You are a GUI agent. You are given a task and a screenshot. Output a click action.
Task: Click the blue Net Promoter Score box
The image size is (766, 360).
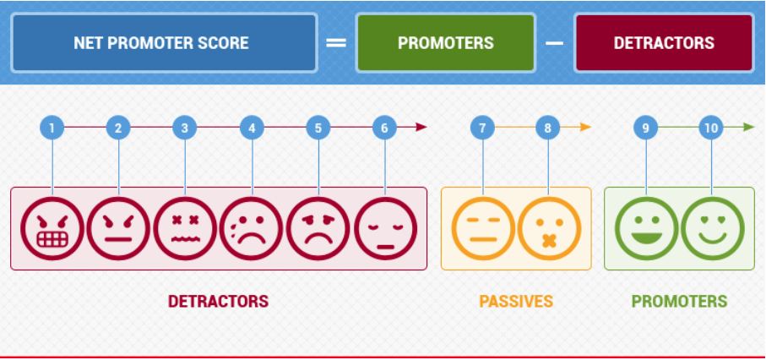pos(164,43)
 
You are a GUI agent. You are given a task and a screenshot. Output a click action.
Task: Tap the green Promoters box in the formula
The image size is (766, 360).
pos(446,43)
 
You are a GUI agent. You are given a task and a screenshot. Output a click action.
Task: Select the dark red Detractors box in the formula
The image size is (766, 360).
pos(664,43)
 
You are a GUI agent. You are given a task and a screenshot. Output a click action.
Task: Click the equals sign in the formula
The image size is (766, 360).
pos(336,43)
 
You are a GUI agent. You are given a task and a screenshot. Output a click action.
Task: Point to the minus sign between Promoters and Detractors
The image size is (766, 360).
pos(555,43)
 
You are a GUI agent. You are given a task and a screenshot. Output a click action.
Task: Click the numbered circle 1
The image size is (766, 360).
pos(52,128)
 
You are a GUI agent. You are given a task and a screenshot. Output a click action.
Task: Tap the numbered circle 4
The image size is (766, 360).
pos(252,128)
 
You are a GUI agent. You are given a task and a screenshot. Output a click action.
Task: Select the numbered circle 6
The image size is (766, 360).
pos(384,128)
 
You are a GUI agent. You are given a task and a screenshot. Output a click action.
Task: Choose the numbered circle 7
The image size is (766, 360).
pos(483,128)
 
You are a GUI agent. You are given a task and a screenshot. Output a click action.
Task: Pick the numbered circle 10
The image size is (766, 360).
pos(711,128)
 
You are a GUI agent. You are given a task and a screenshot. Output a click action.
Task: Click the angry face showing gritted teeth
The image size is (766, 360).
pos(52,228)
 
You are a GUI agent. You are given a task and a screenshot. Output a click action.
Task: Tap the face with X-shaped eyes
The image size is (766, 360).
pos(185,228)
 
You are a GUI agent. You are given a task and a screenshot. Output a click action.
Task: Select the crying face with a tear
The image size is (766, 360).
pos(252,228)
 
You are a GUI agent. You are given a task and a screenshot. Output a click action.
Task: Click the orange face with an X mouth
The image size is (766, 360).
pos(549,228)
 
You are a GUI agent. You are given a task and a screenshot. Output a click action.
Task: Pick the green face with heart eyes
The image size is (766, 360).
pos(713,228)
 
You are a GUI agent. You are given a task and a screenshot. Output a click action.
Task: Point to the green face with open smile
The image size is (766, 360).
pos(646,228)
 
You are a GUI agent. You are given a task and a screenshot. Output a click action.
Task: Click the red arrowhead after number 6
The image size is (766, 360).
pos(421,127)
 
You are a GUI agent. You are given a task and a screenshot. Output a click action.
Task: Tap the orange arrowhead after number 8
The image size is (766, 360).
pos(586,127)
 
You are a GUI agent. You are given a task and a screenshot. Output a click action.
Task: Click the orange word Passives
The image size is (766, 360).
pos(516,301)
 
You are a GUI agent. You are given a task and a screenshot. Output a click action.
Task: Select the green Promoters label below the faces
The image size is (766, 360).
pos(680,301)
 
